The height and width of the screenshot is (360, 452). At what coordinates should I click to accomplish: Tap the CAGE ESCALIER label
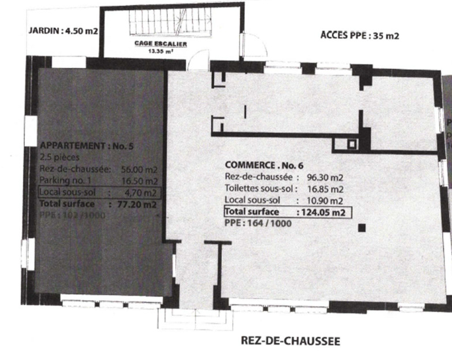tap(152, 43)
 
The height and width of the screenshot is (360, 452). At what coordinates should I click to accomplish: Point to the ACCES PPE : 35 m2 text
tap(360, 35)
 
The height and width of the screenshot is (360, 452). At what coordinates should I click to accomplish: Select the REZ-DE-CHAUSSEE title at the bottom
tap(290, 341)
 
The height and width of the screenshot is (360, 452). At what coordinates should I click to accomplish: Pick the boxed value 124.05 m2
tap(320, 212)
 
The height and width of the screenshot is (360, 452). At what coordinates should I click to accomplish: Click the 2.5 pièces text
tap(60, 157)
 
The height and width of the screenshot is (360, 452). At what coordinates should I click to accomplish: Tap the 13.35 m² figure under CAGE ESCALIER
tap(152, 50)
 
